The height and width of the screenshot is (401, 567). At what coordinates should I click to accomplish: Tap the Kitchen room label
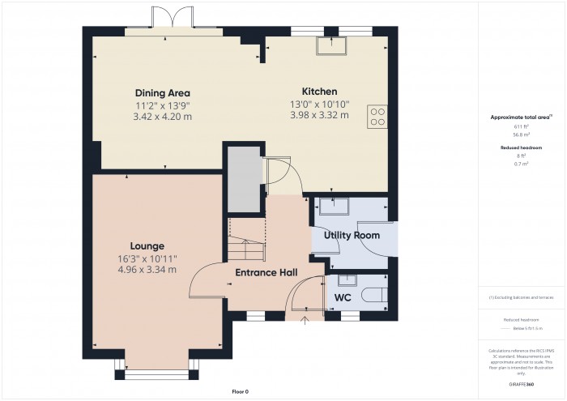319,92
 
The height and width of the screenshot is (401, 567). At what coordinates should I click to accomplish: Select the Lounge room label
147,245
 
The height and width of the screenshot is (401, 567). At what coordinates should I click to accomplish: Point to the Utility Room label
352,235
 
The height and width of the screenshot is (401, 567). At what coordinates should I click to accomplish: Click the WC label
343,296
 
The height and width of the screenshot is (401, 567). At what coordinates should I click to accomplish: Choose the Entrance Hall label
266,272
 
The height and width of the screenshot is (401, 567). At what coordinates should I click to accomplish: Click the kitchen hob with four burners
377,117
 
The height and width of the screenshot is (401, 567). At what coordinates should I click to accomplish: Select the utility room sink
333,207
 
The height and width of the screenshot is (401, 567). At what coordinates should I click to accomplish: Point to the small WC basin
347,280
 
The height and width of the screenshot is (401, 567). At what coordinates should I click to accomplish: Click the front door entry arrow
305,323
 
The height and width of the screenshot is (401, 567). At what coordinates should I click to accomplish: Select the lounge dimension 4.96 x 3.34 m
147,270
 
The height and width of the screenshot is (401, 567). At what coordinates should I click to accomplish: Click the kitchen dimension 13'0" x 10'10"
319,104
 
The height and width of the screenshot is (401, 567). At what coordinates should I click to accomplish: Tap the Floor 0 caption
240,391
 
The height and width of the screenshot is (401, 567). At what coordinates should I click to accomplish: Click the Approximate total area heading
521,117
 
